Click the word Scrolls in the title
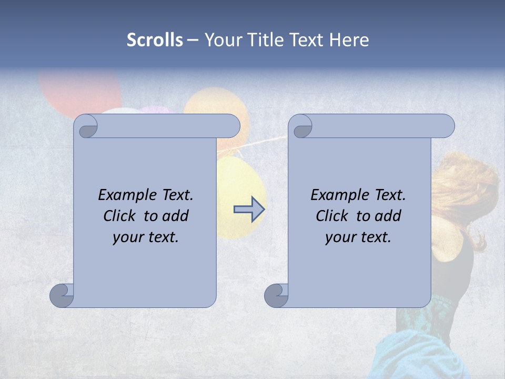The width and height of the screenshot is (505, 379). pyautogui.click(x=155, y=40)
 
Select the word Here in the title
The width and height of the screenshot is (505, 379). pyautogui.click(x=349, y=40)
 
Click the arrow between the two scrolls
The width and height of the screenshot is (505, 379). pyautogui.click(x=249, y=209)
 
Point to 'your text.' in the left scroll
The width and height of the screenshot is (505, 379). pyautogui.click(x=145, y=237)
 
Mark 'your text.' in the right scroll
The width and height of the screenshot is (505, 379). pyautogui.click(x=358, y=237)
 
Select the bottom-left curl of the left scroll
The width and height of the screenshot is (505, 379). pyautogui.click(x=62, y=295)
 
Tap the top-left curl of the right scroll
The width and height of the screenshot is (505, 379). pyautogui.click(x=301, y=127)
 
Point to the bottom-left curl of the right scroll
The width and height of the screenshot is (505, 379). pyautogui.click(x=276, y=295)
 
